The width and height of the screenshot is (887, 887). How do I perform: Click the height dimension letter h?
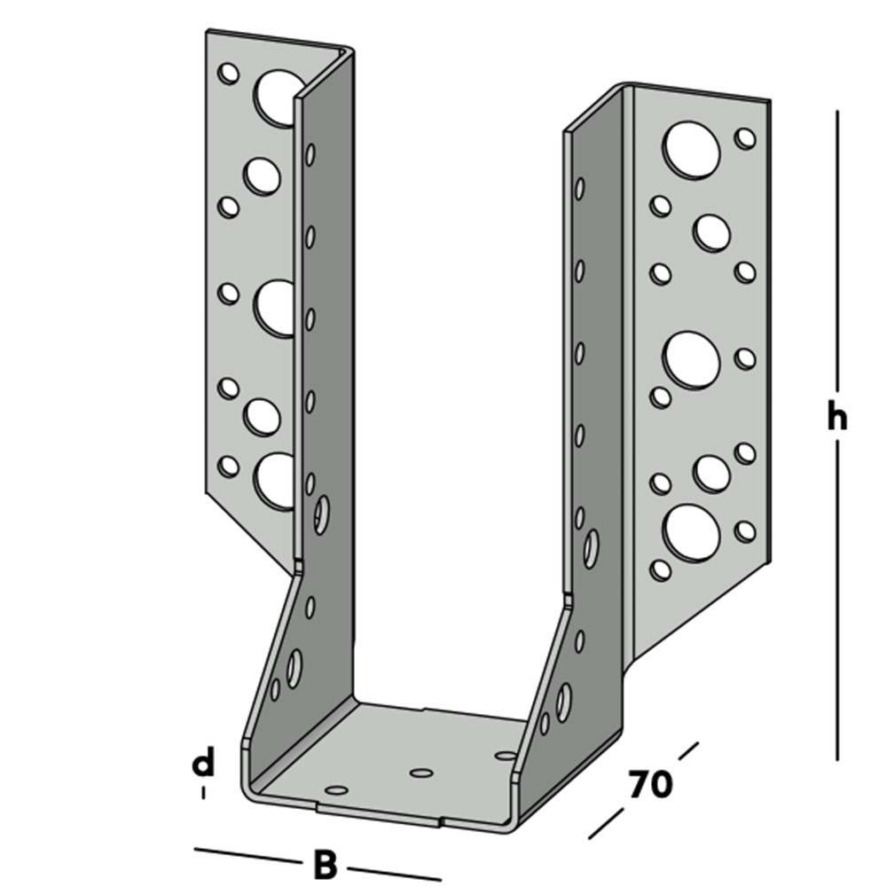(836, 418)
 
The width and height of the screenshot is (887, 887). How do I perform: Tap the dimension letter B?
(326, 865)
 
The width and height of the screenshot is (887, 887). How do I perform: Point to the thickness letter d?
(204, 762)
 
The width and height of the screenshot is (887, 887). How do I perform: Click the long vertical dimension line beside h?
(837, 266)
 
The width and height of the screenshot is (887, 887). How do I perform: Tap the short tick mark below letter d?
(204, 792)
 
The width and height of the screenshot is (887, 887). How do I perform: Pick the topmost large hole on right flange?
(691, 148)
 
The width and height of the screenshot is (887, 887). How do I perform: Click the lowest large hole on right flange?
(691, 531)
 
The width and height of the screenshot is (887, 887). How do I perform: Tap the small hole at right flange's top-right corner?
(745, 137)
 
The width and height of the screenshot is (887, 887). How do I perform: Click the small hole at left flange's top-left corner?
(229, 73)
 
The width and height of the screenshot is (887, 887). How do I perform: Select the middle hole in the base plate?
(421, 773)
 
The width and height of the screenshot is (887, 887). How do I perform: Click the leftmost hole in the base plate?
(335, 789)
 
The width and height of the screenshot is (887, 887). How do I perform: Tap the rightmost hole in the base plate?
(506, 756)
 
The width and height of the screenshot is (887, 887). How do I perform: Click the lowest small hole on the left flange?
(229, 465)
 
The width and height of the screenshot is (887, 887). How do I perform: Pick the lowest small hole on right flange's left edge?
(660, 569)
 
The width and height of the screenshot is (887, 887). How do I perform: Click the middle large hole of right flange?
(691, 359)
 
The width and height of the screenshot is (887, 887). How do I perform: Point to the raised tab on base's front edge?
(377, 813)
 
